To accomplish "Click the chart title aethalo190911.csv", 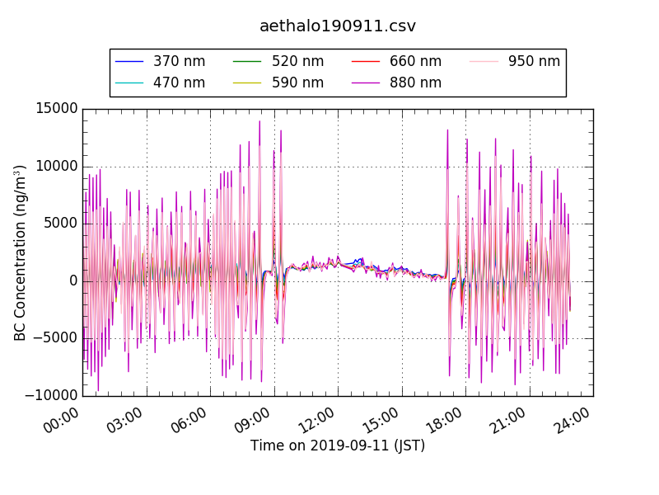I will point(338,26).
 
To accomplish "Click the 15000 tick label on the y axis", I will point(56,109).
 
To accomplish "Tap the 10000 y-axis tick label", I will point(56,166).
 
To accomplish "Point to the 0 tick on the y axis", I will point(73,281).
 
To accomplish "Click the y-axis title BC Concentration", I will point(21,252).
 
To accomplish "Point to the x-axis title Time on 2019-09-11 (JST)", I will point(338,445).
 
